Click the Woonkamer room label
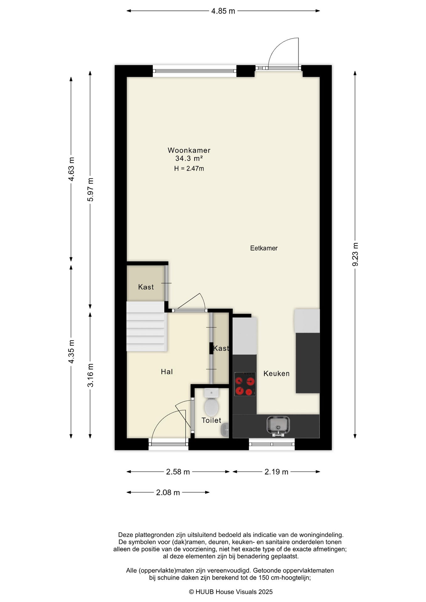click(189, 150)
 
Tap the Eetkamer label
click(264, 248)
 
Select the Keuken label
click(276, 373)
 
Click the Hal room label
click(167, 372)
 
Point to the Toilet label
click(211, 420)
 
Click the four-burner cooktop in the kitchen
click(245, 384)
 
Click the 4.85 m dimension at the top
click(223, 11)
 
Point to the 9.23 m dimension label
click(355, 254)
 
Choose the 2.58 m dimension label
click(178, 472)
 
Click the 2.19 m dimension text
click(276, 472)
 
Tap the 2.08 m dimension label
click(168, 493)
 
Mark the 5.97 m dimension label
click(90, 190)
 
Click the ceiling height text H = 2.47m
click(189, 169)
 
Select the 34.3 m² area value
click(189, 158)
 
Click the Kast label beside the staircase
click(146, 287)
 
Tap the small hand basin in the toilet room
click(225, 430)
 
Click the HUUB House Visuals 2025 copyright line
click(231, 592)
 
